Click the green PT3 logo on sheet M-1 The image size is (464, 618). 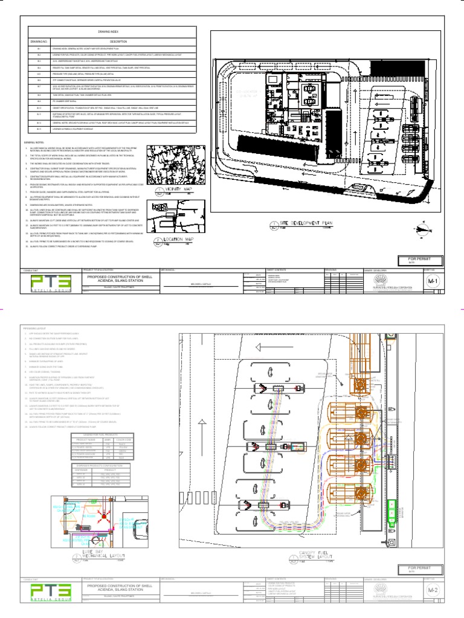[50, 284]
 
